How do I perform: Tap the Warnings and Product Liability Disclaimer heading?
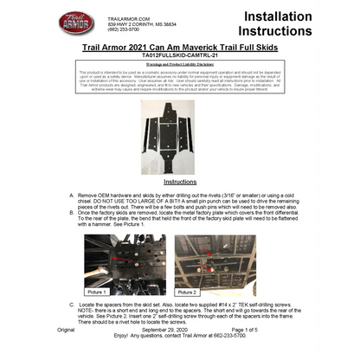(x=180, y=63)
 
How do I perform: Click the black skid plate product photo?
(x=180, y=135)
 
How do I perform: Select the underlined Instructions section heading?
(x=180, y=183)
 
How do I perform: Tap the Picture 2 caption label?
(x=187, y=292)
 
